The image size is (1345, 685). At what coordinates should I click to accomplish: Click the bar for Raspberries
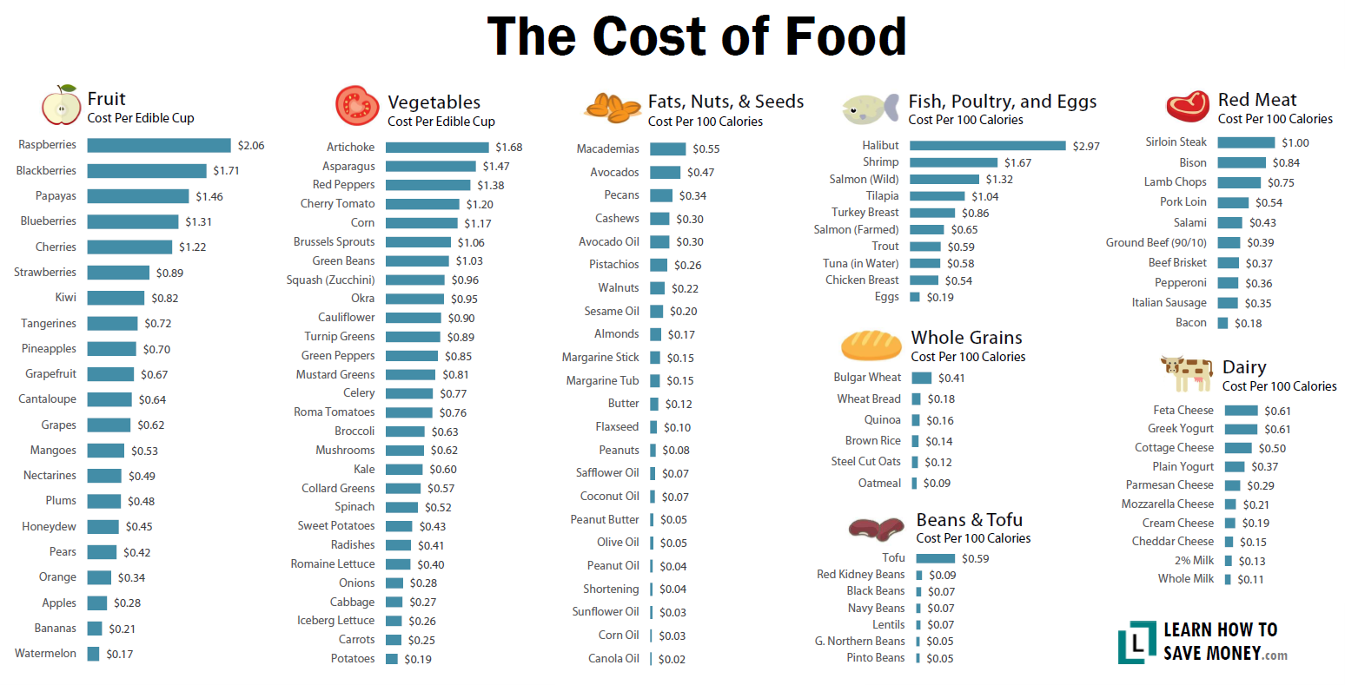pos(159,146)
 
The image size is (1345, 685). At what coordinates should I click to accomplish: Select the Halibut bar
pos(987,146)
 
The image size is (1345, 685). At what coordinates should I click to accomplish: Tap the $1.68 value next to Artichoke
pos(509,148)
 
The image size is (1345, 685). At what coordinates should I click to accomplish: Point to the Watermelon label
pos(45,654)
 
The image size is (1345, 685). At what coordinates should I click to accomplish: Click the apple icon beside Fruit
pos(61,106)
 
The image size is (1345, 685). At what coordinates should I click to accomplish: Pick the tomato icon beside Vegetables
pos(357,106)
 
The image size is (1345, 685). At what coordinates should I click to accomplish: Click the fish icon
pos(870,109)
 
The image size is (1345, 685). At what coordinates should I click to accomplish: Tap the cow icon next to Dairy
pos(1187,373)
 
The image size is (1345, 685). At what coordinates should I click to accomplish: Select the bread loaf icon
pos(871,346)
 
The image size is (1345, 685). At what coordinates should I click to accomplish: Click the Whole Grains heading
pos(966,338)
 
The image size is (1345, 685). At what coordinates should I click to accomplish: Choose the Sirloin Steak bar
pos(1246,142)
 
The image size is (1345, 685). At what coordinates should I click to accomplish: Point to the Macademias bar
pos(667,149)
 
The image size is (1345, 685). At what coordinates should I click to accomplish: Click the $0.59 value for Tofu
pos(976,559)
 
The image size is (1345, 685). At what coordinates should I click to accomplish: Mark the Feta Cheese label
pos(1183,411)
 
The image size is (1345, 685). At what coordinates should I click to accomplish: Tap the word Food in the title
pos(845,36)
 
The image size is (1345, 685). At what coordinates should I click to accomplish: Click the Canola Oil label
pos(613,659)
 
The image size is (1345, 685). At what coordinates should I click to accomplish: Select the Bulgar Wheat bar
pos(921,378)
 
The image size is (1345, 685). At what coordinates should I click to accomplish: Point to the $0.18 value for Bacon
pos(1249,323)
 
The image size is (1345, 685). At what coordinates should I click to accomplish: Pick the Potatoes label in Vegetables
pos(353,659)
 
